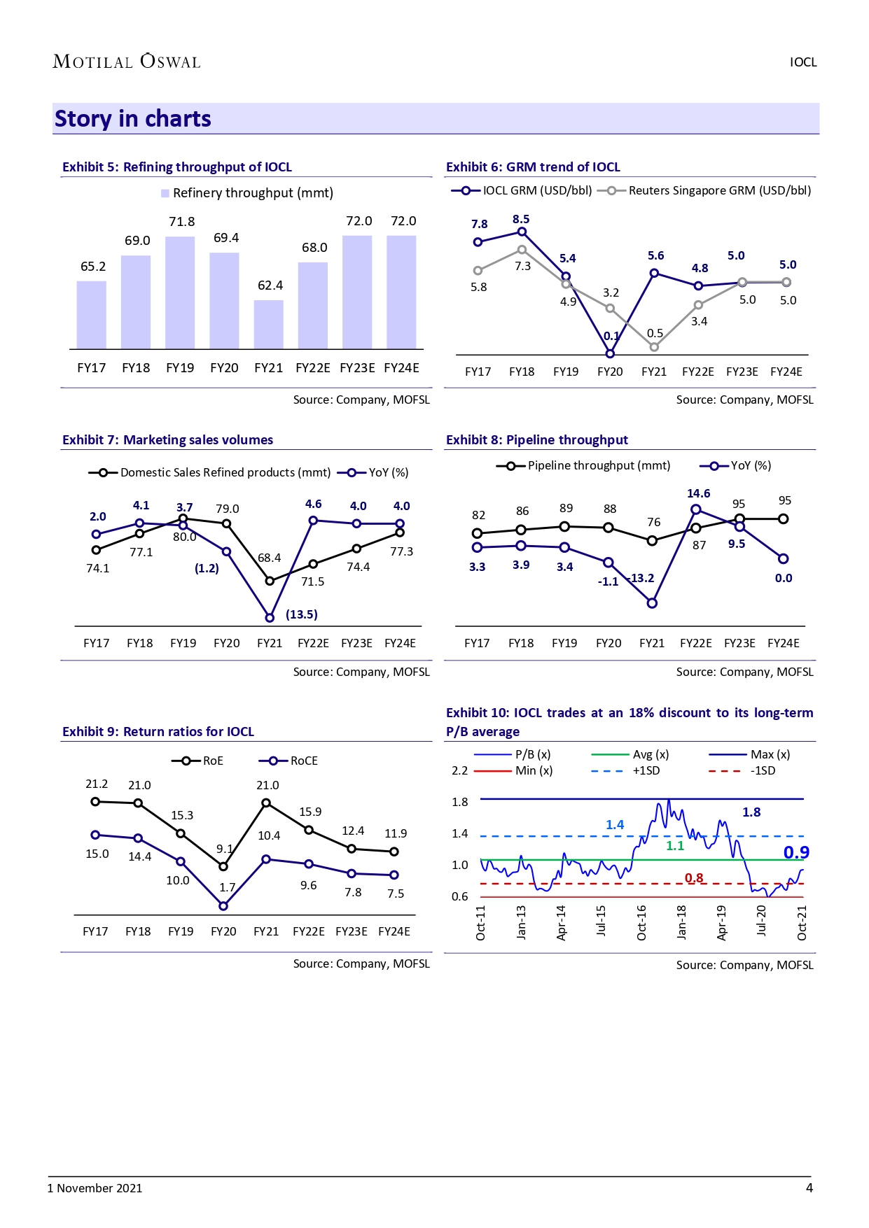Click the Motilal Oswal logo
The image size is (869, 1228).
(127, 62)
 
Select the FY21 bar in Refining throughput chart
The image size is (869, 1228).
(269, 325)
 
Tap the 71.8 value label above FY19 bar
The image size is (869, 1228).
(182, 222)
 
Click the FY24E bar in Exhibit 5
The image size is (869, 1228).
(401, 292)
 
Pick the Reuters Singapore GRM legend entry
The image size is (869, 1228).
(709, 190)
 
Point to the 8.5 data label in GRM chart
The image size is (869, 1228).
(521, 219)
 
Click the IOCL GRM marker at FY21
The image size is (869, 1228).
(654, 274)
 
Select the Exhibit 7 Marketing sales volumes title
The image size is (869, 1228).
(167, 440)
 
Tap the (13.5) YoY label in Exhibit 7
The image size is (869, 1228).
(302, 614)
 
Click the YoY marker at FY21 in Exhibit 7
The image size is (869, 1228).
(270, 618)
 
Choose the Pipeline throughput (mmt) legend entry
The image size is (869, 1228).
(583, 466)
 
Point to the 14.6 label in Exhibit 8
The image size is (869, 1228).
(698, 493)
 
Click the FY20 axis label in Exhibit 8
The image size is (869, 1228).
(609, 643)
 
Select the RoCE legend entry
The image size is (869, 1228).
(288, 761)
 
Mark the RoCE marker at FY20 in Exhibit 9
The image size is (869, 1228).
(223, 906)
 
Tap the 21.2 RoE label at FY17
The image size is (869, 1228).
(97, 784)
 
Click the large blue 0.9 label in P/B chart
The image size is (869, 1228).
(796, 852)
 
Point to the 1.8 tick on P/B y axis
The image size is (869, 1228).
(460, 802)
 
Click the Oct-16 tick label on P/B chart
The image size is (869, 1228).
(641, 922)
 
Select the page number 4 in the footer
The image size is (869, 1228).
(809, 1187)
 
